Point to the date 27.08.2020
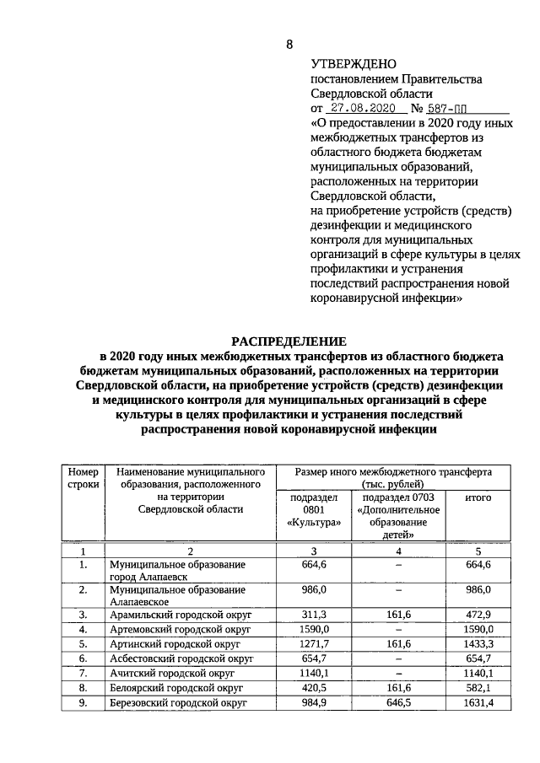(360, 109)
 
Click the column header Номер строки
(84, 478)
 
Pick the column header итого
(478, 498)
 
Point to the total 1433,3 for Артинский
(478, 643)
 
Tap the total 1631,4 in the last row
(478, 701)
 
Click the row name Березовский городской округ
(178, 701)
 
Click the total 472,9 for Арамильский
(478, 615)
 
